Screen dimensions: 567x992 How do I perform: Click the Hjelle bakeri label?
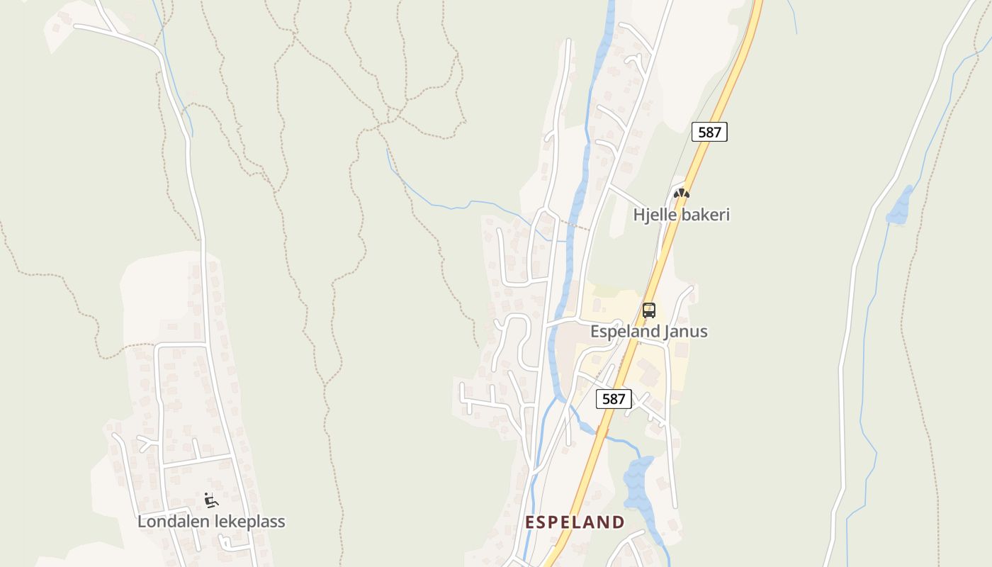(681, 215)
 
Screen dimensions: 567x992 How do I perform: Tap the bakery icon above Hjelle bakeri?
(681, 193)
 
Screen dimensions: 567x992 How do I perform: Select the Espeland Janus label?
(648, 332)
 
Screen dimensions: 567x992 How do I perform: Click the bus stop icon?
(649, 310)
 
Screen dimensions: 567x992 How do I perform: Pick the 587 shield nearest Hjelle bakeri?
(709, 132)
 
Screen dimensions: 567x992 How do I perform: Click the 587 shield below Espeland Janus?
(614, 399)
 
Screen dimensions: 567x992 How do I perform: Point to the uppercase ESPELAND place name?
(575, 523)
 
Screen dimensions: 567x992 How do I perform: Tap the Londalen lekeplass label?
(211, 522)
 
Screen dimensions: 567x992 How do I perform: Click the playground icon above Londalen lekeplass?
(210, 500)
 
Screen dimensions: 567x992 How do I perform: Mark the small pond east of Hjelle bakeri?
(900, 207)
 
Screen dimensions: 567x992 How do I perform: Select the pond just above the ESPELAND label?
(638, 485)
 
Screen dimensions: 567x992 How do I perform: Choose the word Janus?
(685, 332)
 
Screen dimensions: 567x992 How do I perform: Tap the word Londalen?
(171, 522)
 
